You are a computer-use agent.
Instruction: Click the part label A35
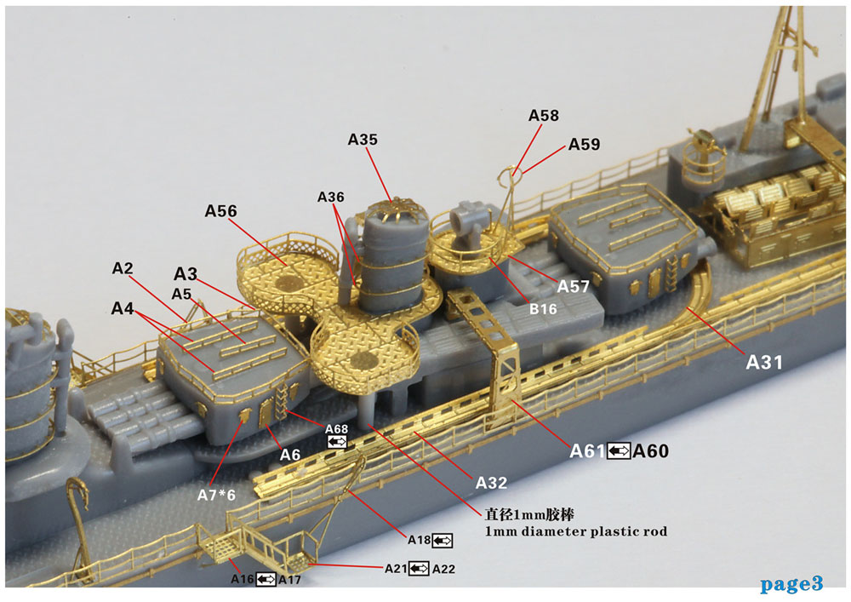363,140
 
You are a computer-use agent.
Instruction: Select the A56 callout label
220,211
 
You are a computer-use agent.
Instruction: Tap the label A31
764,362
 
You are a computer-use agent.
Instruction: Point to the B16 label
542,309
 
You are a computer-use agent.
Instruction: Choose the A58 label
544,115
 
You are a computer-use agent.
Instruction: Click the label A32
491,483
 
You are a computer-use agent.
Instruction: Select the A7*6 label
216,495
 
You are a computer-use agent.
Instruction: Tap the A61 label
587,451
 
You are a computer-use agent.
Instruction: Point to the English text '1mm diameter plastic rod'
576,531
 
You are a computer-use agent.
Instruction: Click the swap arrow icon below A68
336,442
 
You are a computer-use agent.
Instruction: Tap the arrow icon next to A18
442,540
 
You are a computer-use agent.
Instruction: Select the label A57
574,287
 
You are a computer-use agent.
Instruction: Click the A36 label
331,197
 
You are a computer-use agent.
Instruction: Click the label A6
290,455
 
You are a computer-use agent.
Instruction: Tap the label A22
443,568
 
